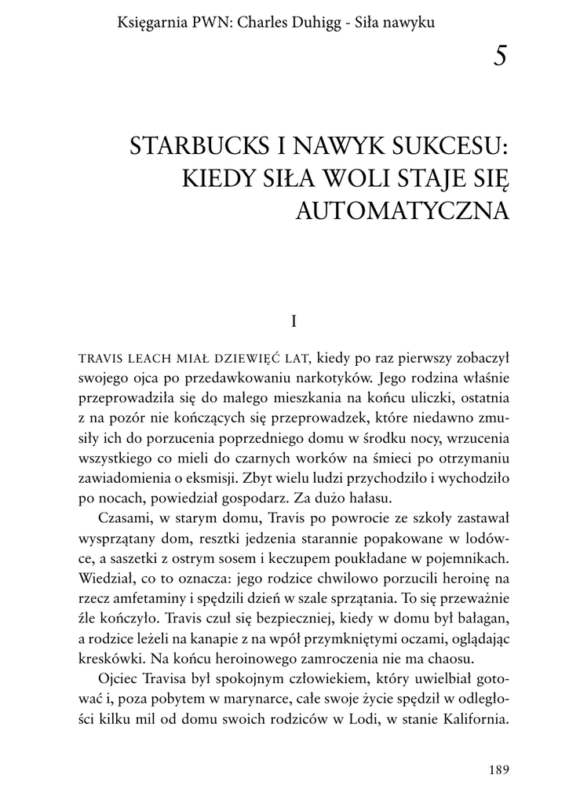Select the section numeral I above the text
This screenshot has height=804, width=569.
click(293, 321)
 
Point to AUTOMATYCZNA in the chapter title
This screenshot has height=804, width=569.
click(402, 210)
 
